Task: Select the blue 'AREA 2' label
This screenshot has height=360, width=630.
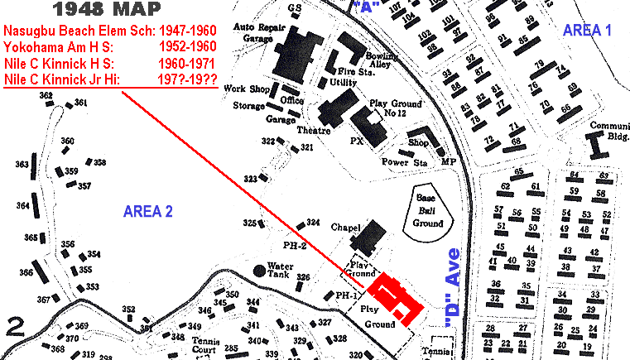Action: [147, 211]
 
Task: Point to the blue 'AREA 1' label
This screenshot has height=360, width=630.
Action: [587, 31]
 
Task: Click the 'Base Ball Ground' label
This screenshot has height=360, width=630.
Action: [428, 207]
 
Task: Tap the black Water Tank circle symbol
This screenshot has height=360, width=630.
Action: [259, 270]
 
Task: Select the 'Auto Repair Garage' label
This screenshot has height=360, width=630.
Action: [254, 32]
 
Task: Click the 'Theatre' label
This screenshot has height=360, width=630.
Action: [314, 132]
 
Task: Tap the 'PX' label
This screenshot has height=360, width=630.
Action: [357, 141]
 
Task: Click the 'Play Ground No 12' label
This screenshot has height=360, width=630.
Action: [397, 108]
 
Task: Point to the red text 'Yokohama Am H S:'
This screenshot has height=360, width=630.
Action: [55, 47]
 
